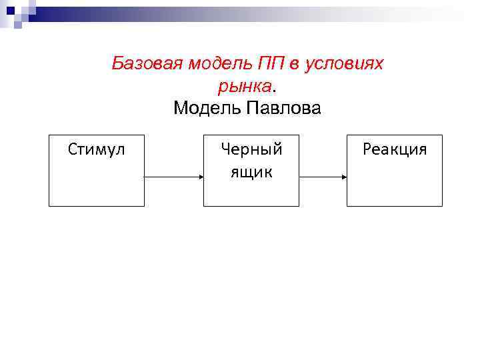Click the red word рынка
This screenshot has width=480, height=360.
(244, 87)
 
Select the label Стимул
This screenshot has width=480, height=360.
(97, 149)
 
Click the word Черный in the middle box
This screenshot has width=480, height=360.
(251, 149)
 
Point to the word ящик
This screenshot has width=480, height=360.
(251, 172)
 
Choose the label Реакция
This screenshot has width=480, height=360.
(394, 149)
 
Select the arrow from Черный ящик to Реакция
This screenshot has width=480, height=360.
(321, 177)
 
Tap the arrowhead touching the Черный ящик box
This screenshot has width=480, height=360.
(199, 177)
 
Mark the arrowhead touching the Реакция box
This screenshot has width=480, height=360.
(343, 177)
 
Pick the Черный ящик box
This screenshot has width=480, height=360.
(251, 193)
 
